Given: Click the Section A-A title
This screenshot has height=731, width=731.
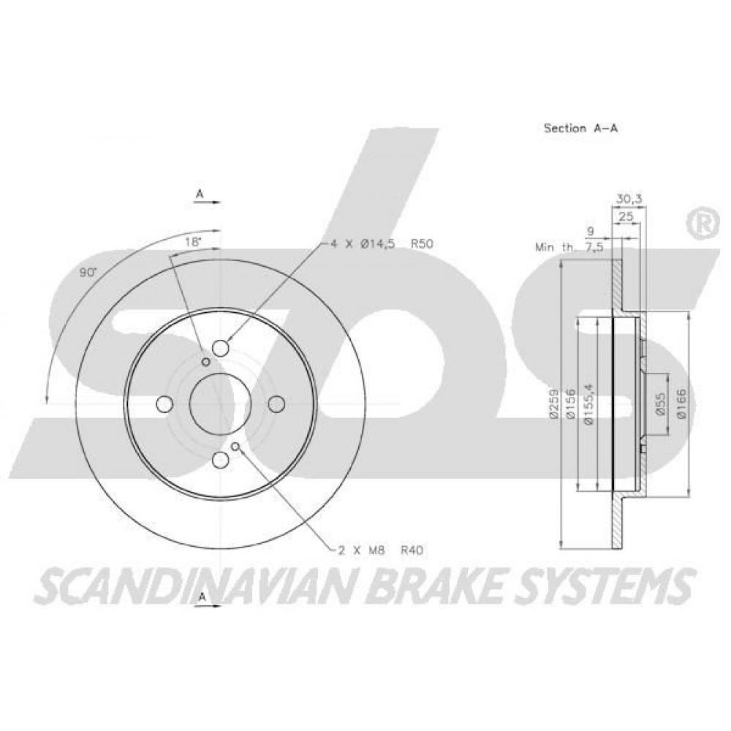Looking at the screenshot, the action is (x=580, y=128).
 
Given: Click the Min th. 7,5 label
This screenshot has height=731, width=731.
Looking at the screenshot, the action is (x=569, y=247).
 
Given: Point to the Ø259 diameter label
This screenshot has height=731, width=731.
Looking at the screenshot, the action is (x=554, y=404).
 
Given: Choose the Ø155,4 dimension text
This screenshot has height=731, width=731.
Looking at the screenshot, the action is (x=590, y=404).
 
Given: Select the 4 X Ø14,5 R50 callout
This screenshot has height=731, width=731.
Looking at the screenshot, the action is (x=382, y=244).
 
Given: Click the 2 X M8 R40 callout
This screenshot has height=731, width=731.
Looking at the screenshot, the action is (x=380, y=550).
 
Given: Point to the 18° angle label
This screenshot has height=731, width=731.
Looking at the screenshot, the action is (x=192, y=243).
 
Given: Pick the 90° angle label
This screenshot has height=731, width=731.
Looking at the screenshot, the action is (x=87, y=273).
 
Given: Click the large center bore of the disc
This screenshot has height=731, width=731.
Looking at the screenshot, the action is (x=219, y=404).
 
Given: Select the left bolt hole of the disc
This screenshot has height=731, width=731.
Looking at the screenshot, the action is (x=164, y=404).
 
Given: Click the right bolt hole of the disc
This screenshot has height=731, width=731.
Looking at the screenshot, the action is (x=276, y=404).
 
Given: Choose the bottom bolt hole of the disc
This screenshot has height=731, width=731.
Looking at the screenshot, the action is (x=220, y=460).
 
